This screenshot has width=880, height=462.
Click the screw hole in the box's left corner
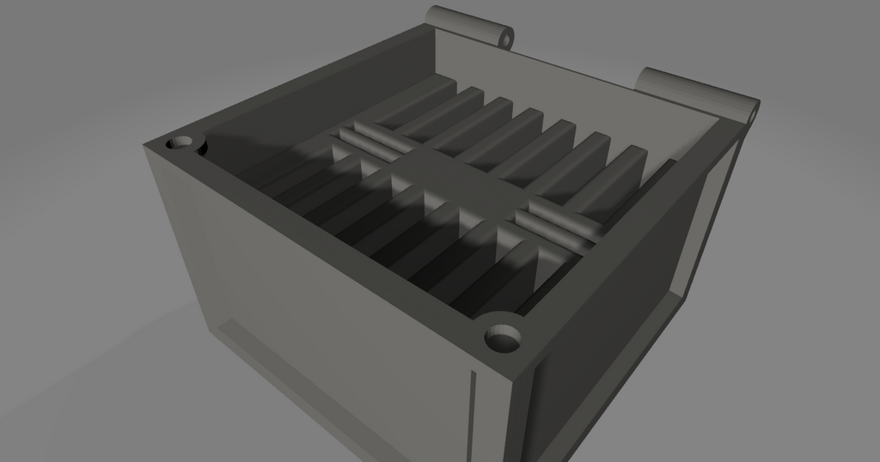click(181, 143)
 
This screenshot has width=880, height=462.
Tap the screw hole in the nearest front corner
click(504, 338)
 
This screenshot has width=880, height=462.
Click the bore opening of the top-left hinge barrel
click(507, 39)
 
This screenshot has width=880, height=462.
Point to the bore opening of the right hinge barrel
click(753, 111)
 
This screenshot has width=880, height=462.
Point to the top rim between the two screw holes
click(344, 240)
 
